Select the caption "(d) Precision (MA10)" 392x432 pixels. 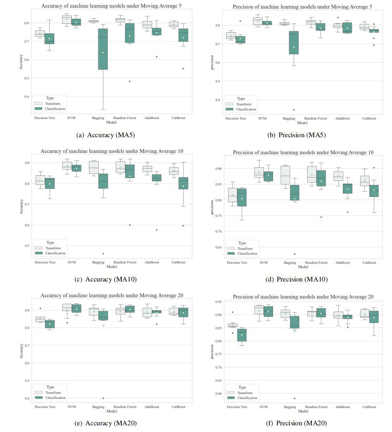pyautogui.click(x=302, y=279)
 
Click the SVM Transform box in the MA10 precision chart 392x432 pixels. pyautogui.click(x=259, y=172)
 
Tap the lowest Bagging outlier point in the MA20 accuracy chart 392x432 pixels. pyautogui.click(x=103, y=398)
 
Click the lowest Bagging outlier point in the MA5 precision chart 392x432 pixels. pyautogui.click(x=294, y=110)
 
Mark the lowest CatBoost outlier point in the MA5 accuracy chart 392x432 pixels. pyautogui.click(x=183, y=68)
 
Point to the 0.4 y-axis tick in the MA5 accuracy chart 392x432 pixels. pyautogui.click(x=27, y=97)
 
